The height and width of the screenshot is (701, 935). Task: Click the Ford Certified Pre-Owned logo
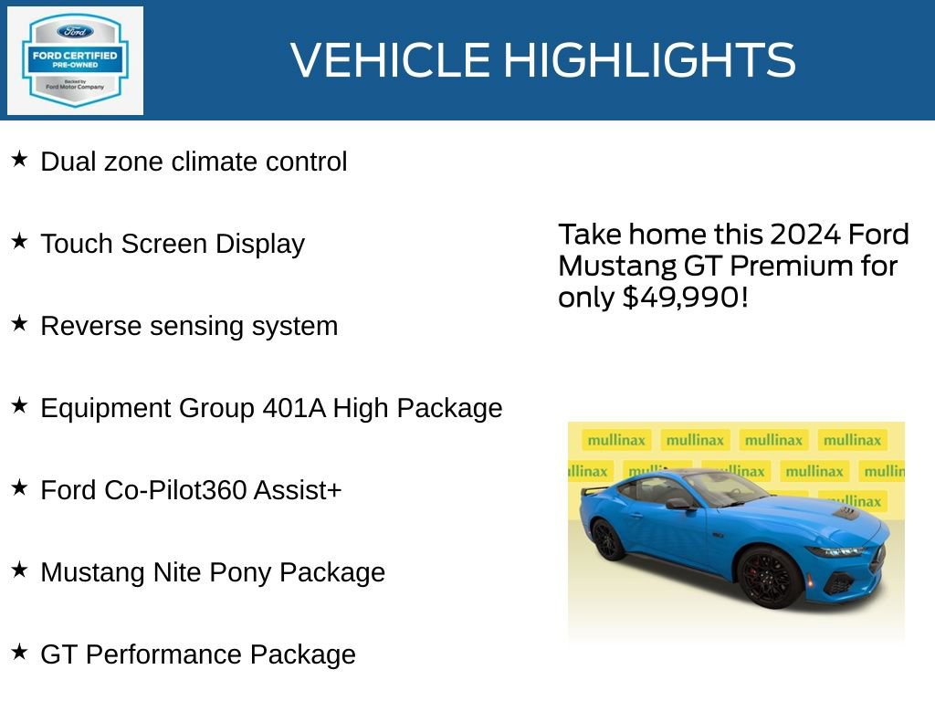pos(75,60)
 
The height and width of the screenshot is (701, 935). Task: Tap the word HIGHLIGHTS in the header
pos(649,60)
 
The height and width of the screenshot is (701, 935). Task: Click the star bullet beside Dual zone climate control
pos(19,160)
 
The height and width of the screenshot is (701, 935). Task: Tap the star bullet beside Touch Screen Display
pos(19,242)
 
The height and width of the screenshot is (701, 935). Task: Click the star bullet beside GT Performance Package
pos(19,653)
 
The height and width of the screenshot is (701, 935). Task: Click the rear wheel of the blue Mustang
pos(607,539)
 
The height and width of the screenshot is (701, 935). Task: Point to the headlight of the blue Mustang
pos(833,551)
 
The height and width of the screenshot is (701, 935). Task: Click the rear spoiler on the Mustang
pos(594,490)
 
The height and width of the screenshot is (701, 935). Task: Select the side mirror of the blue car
pos(678,503)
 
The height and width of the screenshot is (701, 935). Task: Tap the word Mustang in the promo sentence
pos(604,267)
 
